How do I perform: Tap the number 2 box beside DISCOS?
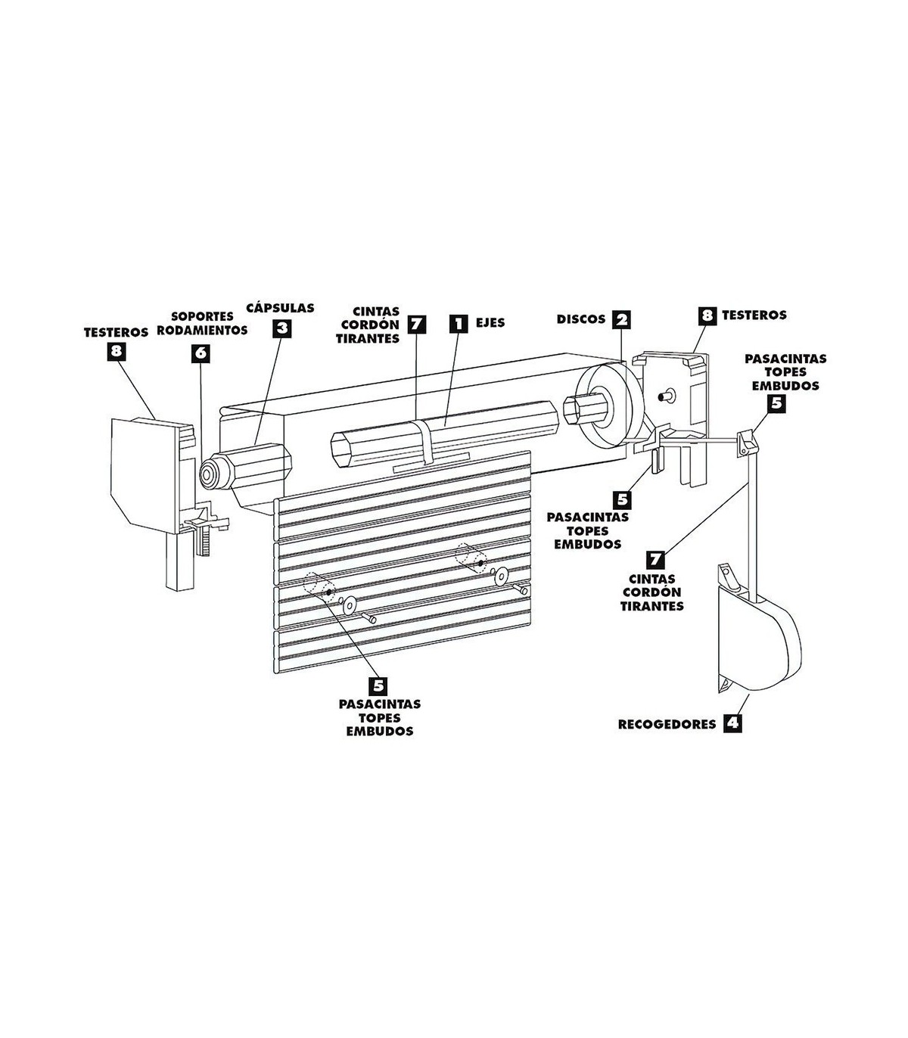(621, 319)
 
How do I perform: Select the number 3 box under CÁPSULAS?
(281, 328)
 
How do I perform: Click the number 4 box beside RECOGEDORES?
(731, 723)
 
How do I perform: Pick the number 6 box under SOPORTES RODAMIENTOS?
(200, 353)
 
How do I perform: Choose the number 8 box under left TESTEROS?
(115, 350)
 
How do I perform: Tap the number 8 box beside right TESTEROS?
(707, 315)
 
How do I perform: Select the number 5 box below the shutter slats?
(378, 685)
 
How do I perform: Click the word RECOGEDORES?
(667, 724)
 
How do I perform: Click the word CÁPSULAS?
(281, 308)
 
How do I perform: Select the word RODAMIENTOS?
(209, 331)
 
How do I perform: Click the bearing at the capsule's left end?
(209, 474)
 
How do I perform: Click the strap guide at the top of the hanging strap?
(747, 442)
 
